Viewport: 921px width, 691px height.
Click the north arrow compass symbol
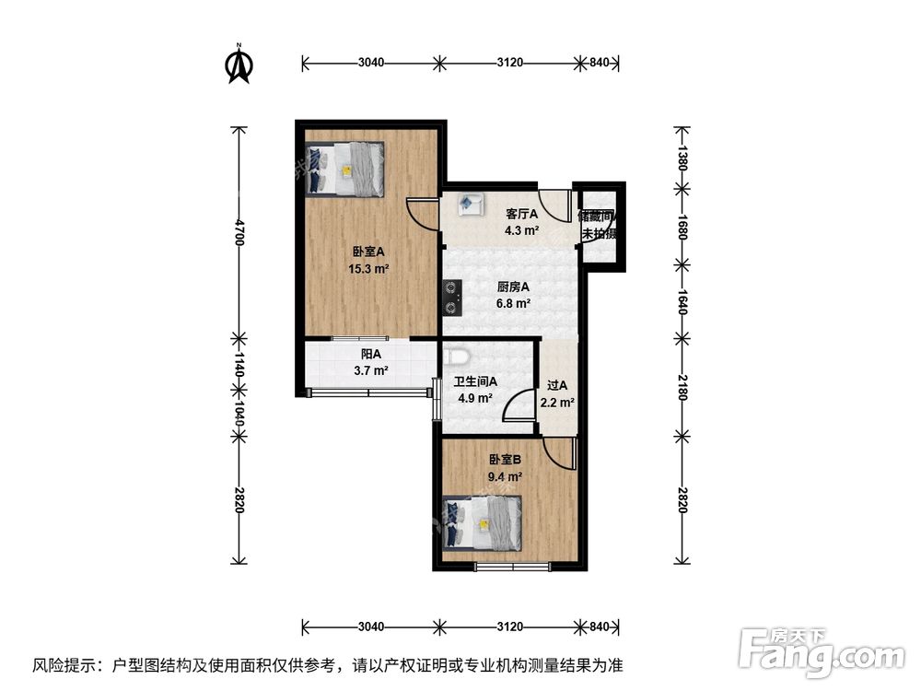239,64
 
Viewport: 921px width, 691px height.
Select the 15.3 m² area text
367,269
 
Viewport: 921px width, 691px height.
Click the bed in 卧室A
345,169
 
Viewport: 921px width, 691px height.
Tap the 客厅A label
521,214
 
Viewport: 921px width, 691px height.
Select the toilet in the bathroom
457,356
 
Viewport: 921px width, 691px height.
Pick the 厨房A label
513,287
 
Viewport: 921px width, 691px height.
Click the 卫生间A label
475,381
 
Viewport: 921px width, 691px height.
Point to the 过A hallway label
558,386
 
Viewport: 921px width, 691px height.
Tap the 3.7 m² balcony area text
370,371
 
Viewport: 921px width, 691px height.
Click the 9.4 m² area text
506,476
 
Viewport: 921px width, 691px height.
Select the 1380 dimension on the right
682,158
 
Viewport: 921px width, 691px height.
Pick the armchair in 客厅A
473,202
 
